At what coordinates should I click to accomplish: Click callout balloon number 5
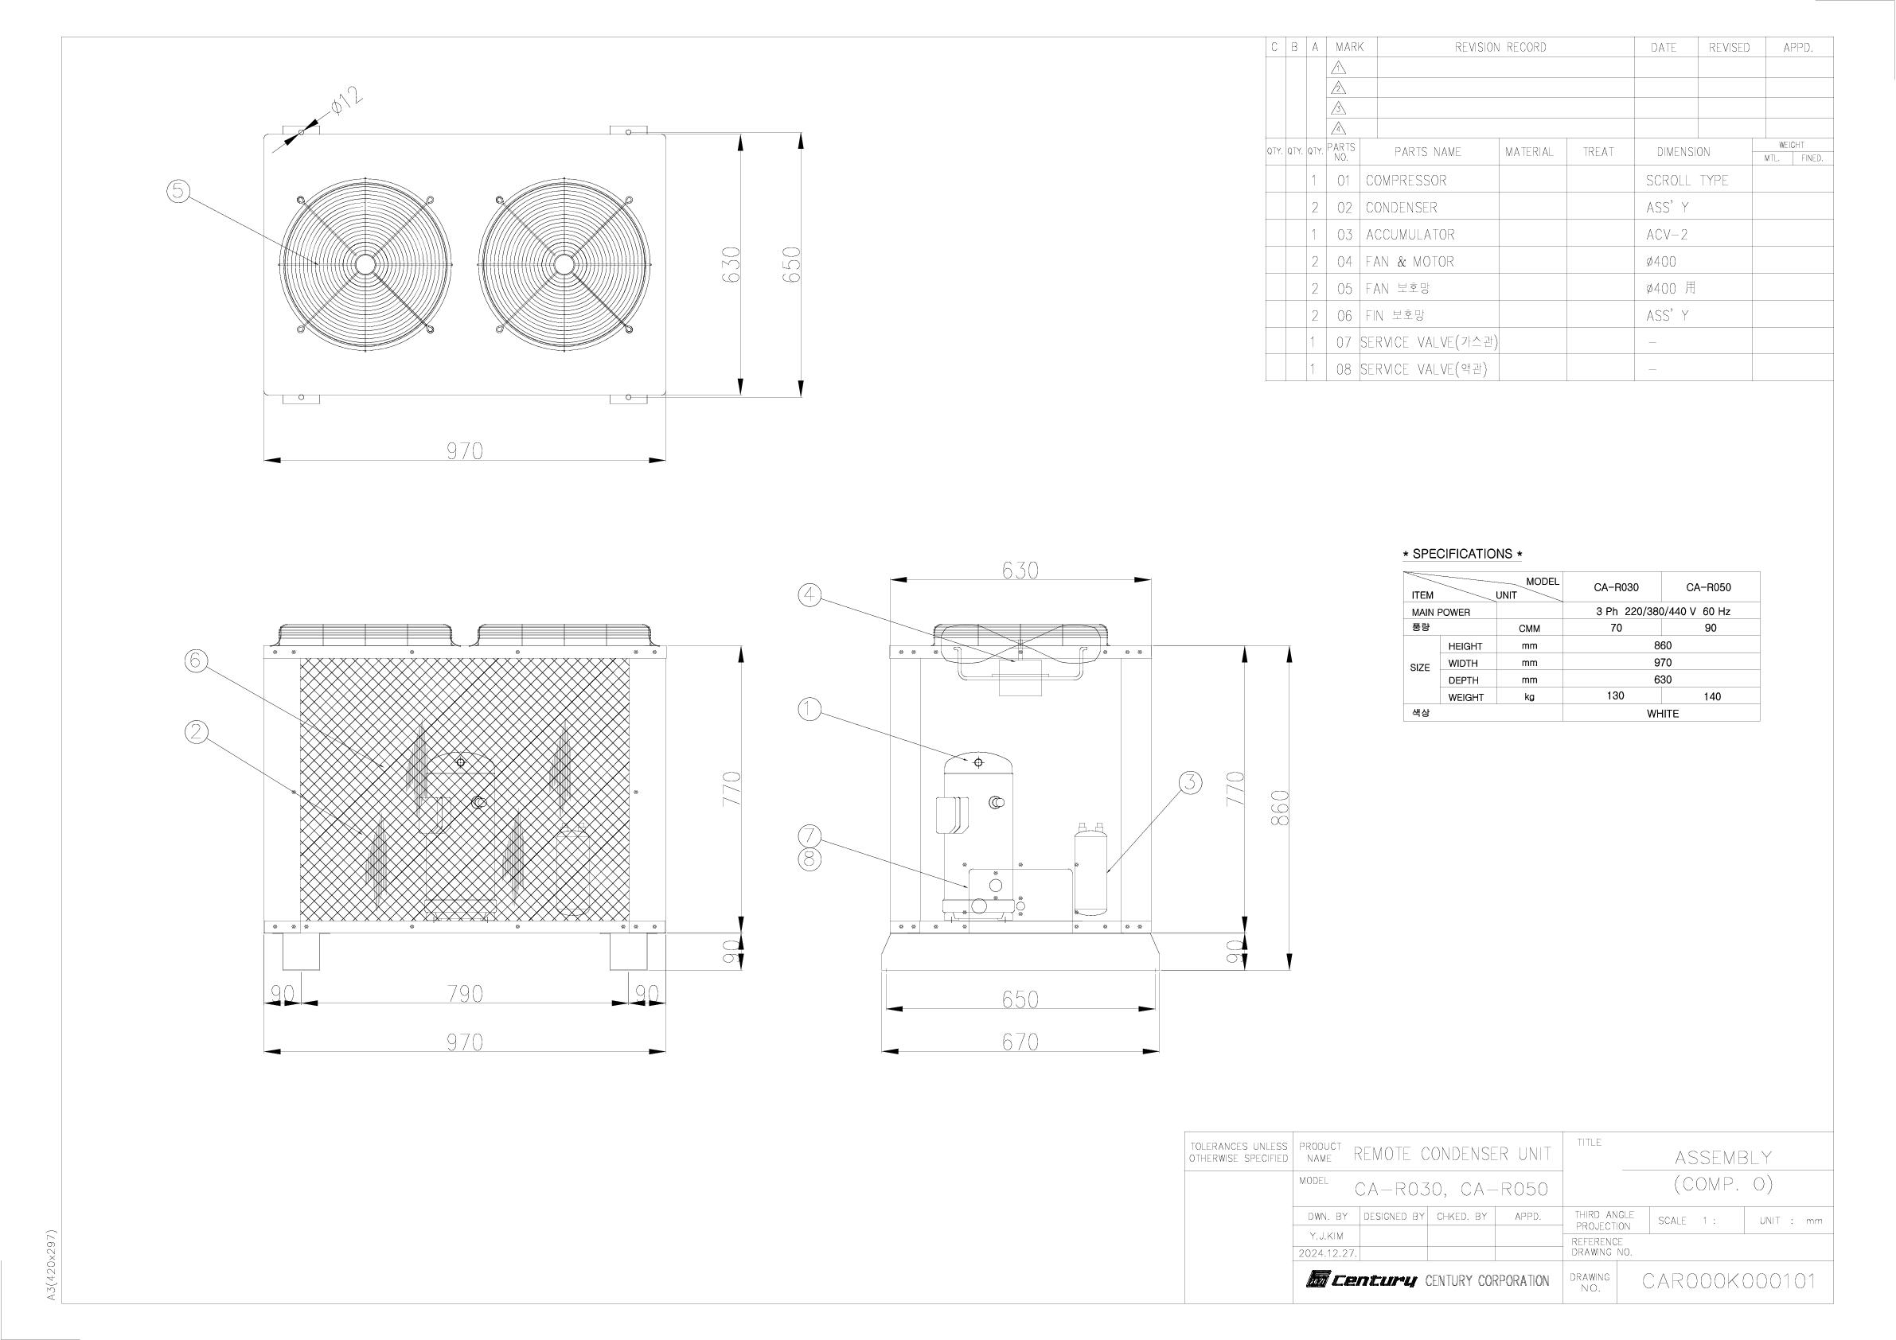pos(178,192)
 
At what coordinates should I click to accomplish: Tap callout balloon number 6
pos(196,660)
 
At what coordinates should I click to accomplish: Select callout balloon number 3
pos(1190,782)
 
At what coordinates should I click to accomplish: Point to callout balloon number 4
pos(810,594)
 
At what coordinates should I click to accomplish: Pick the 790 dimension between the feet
pos(465,993)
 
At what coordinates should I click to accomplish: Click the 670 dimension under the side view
pos(1020,1042)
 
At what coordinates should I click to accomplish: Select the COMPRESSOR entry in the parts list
pos(1406,181)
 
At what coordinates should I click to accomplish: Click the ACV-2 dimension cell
pos(1667,235)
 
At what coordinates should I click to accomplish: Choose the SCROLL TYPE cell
pos(1686,181)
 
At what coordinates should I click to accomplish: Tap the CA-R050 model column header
pos(1708,588)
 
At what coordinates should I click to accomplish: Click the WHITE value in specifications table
pos(1662,713)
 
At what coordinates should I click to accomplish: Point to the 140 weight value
pos(1712,697)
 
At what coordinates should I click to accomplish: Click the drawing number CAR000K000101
pos(1728,1281)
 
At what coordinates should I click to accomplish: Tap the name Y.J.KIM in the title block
pos(1326,1236)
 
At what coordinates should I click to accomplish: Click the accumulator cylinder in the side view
pos(1090,871)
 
